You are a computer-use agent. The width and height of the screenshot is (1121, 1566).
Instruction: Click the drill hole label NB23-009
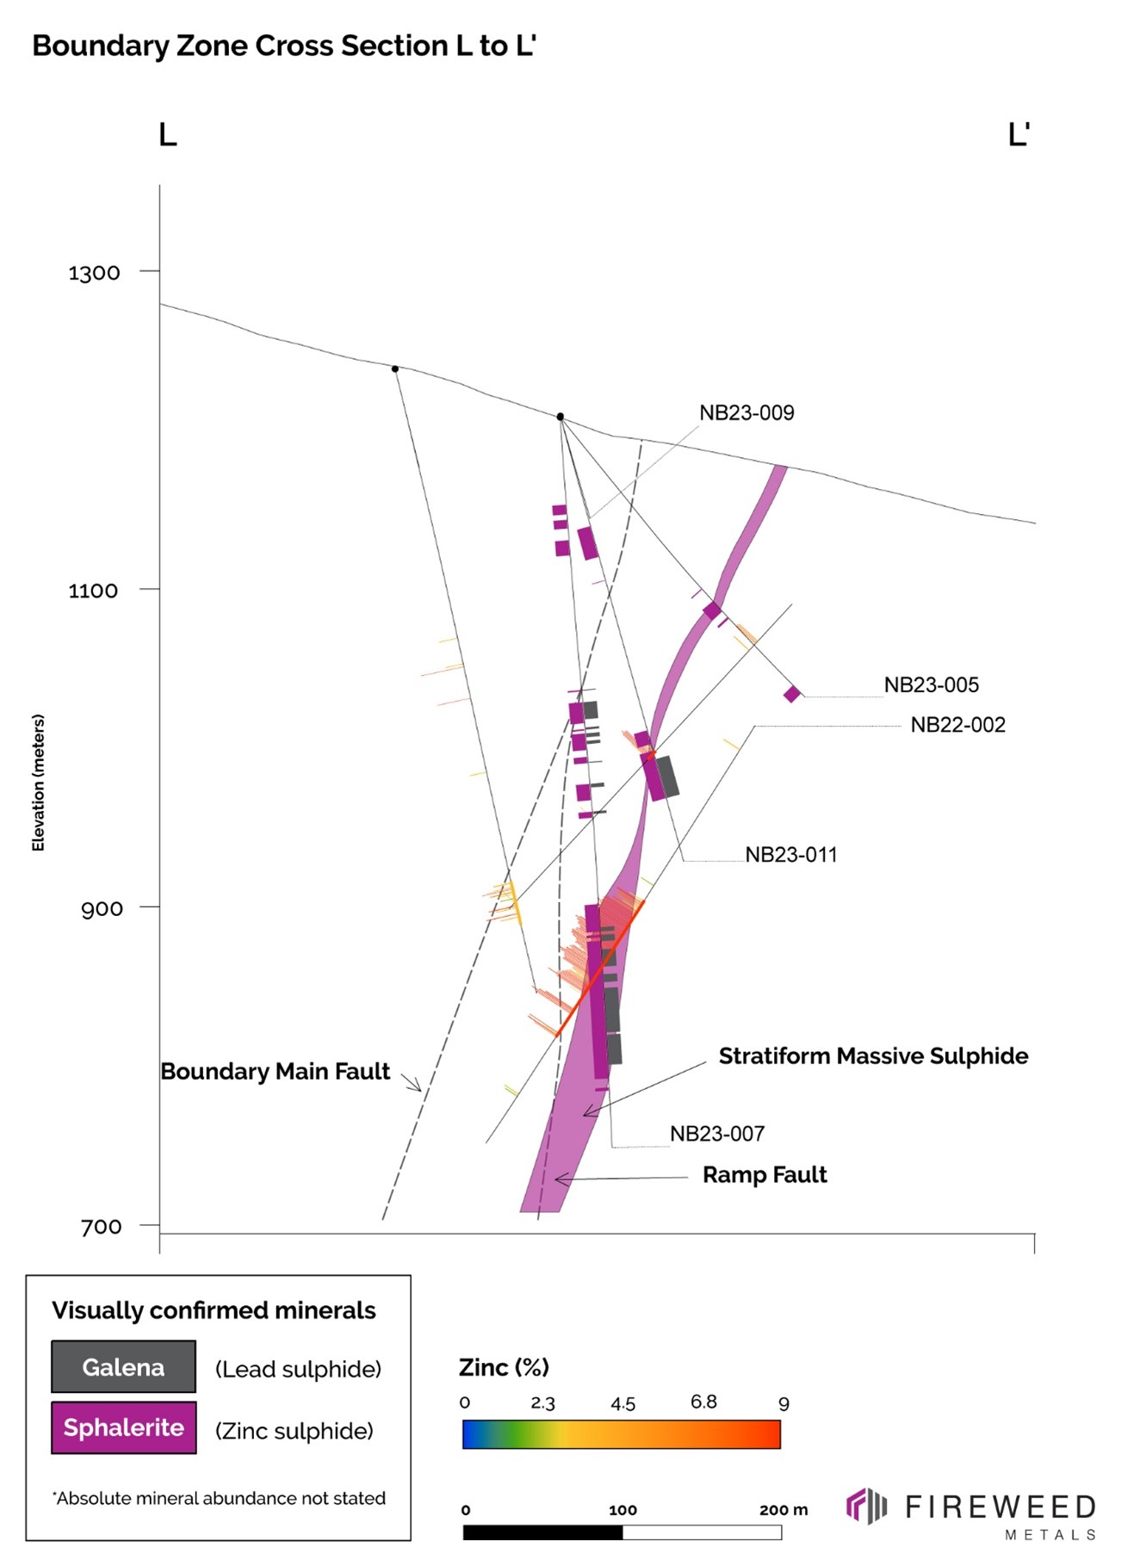(746, 413)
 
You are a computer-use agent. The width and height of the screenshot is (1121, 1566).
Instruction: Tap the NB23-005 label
(931, 685)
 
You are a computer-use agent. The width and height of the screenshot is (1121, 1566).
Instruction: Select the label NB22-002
(957, 725)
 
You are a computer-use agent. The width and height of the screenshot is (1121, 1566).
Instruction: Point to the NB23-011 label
(790, 855)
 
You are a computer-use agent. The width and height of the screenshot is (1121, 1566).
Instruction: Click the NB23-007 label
(716, 1134)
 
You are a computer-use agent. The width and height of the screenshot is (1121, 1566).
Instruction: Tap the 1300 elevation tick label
(94, 273)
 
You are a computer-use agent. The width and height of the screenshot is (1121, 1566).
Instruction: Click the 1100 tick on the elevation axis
(93, 591)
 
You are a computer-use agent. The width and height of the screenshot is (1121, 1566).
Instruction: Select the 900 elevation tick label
(102, 909)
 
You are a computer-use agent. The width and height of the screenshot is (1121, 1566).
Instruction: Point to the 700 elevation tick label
(101, 1227)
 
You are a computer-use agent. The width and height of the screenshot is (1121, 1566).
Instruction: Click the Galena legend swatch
(123, 1367)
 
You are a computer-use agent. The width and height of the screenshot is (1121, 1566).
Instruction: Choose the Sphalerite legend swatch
(123, 1428)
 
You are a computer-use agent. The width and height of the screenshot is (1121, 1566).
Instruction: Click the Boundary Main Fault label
(275, 1072)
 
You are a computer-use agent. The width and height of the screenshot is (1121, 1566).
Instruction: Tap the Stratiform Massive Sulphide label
(873, 1056)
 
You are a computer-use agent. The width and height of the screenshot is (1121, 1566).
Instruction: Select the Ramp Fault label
(765, 1175)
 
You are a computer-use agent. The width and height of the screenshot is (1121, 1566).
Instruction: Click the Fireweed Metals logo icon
(866, 1506)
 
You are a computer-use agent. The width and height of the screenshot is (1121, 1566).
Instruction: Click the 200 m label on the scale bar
(783, 1510)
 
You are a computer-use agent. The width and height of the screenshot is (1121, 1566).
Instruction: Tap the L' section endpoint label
(1019, 135)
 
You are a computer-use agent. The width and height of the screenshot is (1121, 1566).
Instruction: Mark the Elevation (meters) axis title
(38, 783)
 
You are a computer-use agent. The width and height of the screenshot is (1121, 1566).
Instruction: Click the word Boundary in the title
(100, 46)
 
